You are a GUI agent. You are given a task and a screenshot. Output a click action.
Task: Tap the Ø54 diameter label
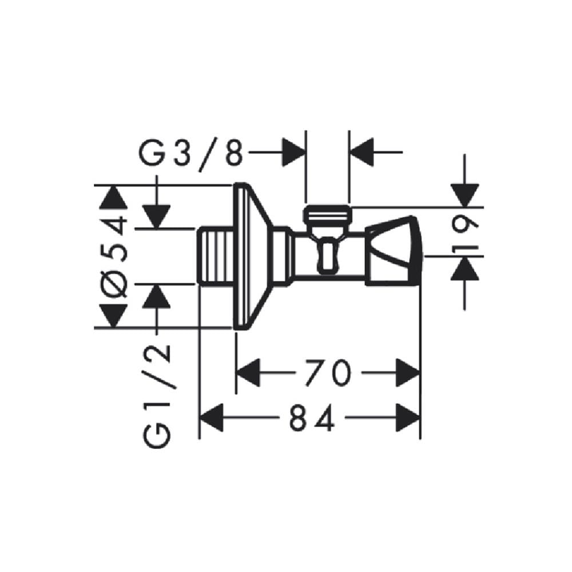tap(115, 257)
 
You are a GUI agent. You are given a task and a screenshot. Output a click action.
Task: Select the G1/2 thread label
tap(158, 396)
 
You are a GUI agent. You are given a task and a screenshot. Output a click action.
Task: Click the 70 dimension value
tap(328, 372)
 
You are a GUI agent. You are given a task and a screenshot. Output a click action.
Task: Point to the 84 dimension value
tap(312, 418)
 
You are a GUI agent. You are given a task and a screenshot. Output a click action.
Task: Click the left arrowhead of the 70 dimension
tap(248, 372)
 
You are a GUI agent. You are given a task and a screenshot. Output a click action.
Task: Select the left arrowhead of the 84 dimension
tap(212, 418)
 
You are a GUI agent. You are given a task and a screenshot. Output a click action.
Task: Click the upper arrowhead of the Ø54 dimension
tap(113, 197)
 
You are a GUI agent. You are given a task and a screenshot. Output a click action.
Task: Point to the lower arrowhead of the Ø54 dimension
tap(113, 316)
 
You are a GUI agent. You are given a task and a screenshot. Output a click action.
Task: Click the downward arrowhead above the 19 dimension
tap(464, 196)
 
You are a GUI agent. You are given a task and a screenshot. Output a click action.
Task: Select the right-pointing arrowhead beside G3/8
tap(293, 153)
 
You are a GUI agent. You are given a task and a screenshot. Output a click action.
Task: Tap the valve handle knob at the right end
tap(394, 251)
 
